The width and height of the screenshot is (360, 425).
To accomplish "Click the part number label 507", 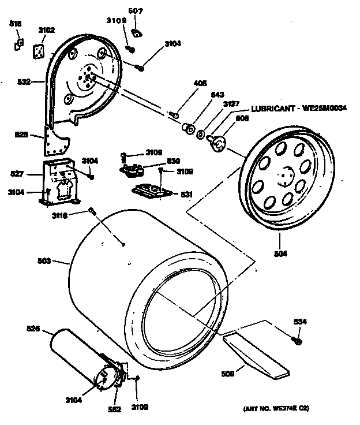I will (x=136, y=11).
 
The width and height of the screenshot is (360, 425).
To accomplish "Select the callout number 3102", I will (x=47, y=30).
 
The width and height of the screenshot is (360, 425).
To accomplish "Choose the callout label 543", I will (x=218, y=94).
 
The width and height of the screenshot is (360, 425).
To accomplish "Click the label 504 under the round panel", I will (x=280, y=253).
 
